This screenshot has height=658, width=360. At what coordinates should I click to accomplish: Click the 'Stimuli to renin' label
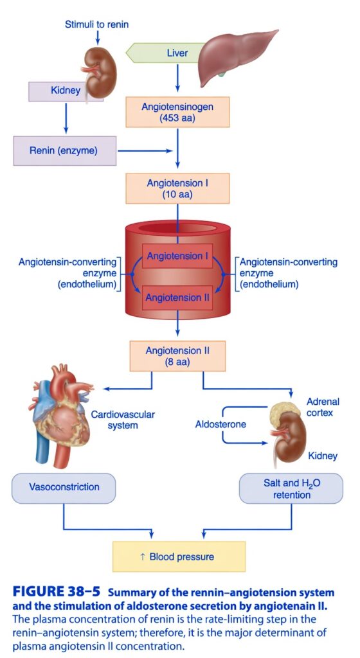point(96,24)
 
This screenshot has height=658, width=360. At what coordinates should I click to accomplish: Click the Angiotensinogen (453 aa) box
point(177,112)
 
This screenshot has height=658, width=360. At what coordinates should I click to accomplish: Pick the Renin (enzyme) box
point(65,150)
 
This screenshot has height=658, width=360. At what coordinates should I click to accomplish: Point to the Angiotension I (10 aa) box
point(177,188)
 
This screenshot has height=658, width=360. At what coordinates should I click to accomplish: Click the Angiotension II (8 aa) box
point(177,356)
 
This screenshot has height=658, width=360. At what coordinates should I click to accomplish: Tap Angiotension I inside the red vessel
point(177,256)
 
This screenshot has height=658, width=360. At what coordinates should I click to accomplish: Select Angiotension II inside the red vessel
point(177,298)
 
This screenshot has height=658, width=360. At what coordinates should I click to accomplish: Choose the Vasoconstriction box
point(64,488)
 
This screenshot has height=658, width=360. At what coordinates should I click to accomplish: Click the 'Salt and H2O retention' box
point(291,488)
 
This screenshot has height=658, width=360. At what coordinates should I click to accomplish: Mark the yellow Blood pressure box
point(179,556)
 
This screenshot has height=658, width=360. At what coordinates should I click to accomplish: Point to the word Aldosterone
point(221,424)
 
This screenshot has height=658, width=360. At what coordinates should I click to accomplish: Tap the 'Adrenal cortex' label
point(322,407)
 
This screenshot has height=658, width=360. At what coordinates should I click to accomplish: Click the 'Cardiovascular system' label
point(123,420)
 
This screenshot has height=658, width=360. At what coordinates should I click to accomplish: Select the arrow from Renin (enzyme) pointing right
point(145,151)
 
